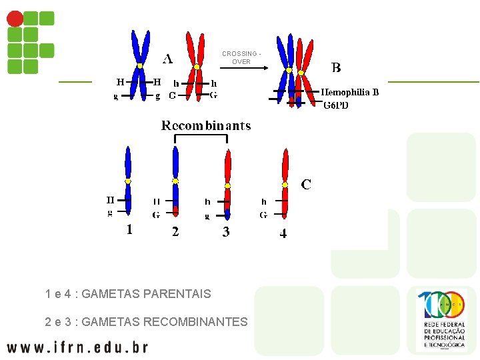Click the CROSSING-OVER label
click(241, 57)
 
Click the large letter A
click(167, 59)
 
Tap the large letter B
click(336, 67)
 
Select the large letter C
click(306, 183)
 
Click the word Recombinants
click(206, 125)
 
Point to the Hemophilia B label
click(350, 92)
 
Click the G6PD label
click(336, 105)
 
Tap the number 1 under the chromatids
click(129, 230)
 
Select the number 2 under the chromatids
click(175, 232)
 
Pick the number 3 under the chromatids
click(226, 232)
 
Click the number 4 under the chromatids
click(283, 234)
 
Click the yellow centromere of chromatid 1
click(128, 181)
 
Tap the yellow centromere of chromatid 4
click(285, 184)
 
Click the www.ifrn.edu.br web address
click(77, 347)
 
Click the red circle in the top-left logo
click(15, 19)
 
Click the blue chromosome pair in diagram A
click(140, 65)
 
